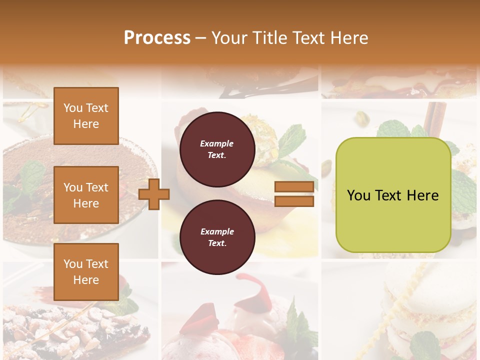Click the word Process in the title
click(x=157, y=37)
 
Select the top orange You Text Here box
click(x=86, y=116)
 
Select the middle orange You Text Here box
click(x=86, y=195)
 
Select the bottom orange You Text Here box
click(x=86, y=271)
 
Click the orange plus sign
click(x=154, y=193)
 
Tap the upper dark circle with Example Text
click(x=217, y=149)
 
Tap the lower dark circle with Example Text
click(x=217, y=237)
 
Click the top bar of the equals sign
click(x=294, y=187)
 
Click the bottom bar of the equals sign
click(x=294, y=201)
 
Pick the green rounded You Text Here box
click(x=393, y=220)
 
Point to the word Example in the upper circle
click(x=217, y=144)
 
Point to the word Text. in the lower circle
click(x=217, y=243)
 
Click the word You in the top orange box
click(x=72, y=108)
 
